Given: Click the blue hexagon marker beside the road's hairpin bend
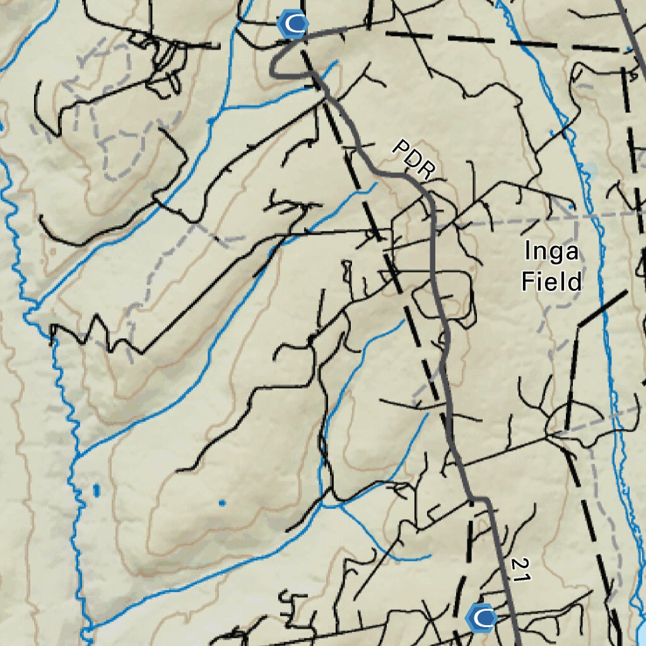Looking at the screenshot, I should pyautogui.click(x=293, y=25).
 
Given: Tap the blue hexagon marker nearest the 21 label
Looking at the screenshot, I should pyautogui.click(x=482, y=618).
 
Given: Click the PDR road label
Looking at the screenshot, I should pyautogui.click(x=414, y=159).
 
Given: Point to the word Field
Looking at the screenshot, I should pyautogui.click(x=551, y=281).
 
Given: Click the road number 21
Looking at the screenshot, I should pyautogui.click(x=519, y=569).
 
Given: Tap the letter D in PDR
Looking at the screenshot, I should pyautogui.click(x=413, y=159).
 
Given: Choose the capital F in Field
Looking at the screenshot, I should pyautogui.click(x=527, y=281).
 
